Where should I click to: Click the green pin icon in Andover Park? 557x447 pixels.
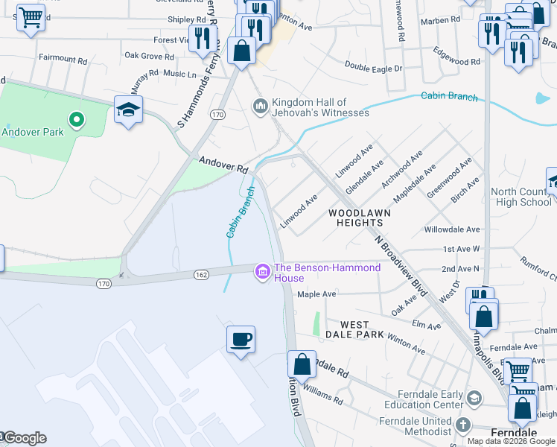pos(74,118)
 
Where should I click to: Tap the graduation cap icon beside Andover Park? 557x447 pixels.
pos(129,110)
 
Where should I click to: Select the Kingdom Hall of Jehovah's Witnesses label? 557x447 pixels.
pos(320,107)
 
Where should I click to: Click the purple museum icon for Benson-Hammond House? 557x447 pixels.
pos(261,273)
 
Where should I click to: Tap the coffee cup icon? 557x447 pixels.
pos(241,340)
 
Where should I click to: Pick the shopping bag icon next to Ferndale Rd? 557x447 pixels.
pos(302,365)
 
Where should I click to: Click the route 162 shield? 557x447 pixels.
pos(201,275)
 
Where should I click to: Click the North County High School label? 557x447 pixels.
pos(521,197)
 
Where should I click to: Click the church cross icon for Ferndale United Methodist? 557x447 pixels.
pos(463,425)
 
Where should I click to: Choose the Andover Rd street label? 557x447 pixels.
pos(223,165)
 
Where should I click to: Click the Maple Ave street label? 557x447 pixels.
pos(316,294)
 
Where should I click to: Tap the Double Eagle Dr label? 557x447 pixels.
pos(373,68)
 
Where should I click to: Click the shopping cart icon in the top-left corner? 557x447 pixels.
pos(30,16)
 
